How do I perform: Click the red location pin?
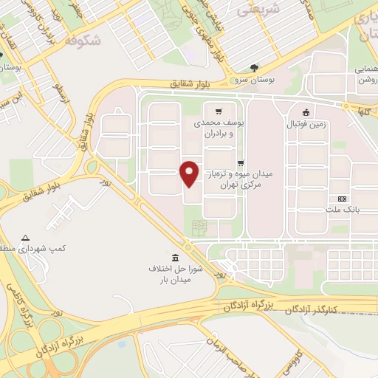click(190, 173)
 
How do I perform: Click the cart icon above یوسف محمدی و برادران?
click(219, 111)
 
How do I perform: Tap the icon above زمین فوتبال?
click(306, 112)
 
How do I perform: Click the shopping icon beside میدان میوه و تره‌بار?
click(241, 163)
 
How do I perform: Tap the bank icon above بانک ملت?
click(341, 199)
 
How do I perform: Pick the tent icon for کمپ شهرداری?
click(26, 238)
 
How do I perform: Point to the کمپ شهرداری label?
click(27, 249)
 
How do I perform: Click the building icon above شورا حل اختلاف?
click(175, 256)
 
